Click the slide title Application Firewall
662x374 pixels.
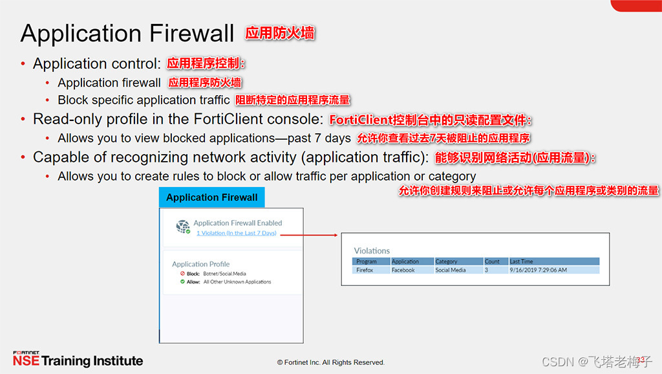tap(127, 33)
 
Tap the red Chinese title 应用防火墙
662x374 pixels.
tap(280, 33)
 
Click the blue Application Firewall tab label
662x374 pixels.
tap(211, 197)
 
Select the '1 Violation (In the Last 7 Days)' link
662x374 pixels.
tap(236, 233)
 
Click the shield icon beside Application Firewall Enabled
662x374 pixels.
tap(183, 226)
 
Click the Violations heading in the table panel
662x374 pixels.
tap(372, 250)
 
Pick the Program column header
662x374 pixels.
tap(367, 261)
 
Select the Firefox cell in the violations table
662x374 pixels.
tap(365, 270)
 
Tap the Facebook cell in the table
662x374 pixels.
tap(403, 270)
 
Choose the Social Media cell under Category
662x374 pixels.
tap(451, 270)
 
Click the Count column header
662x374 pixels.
tap(493, 261)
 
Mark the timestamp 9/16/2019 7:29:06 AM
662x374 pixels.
tap(538, 270)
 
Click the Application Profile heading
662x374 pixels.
tap(200, 264)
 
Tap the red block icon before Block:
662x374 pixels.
tap(182, 274)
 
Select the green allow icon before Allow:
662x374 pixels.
tap(182, 281)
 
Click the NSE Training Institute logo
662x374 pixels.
tap(78, 360)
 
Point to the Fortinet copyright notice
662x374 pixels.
tap(330, 362)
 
